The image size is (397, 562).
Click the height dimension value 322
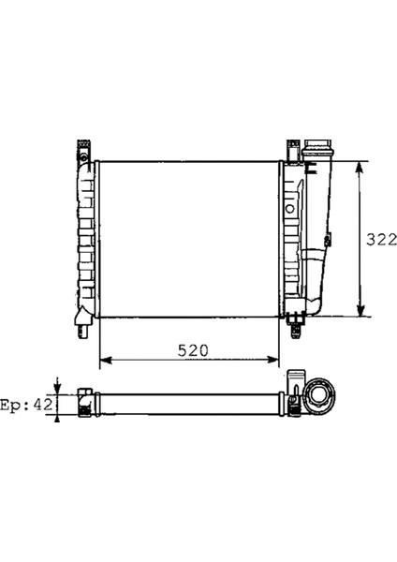(x=381, y=239)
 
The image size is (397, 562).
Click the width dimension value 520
(x=192, y=349)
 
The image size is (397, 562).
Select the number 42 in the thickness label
(x=43, y=405)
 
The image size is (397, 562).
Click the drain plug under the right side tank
(x=297, y=324)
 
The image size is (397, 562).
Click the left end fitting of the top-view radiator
(x=84, y=403)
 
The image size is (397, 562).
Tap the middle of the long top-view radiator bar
(x=187, y=403)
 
